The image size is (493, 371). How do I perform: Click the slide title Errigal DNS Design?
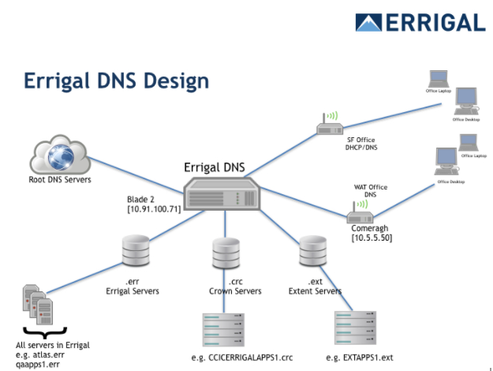point(116,81)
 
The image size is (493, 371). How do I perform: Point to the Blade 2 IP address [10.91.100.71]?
point(153,209)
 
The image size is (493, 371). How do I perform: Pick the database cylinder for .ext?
point(312,252)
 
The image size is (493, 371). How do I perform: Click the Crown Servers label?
point(234,291)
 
